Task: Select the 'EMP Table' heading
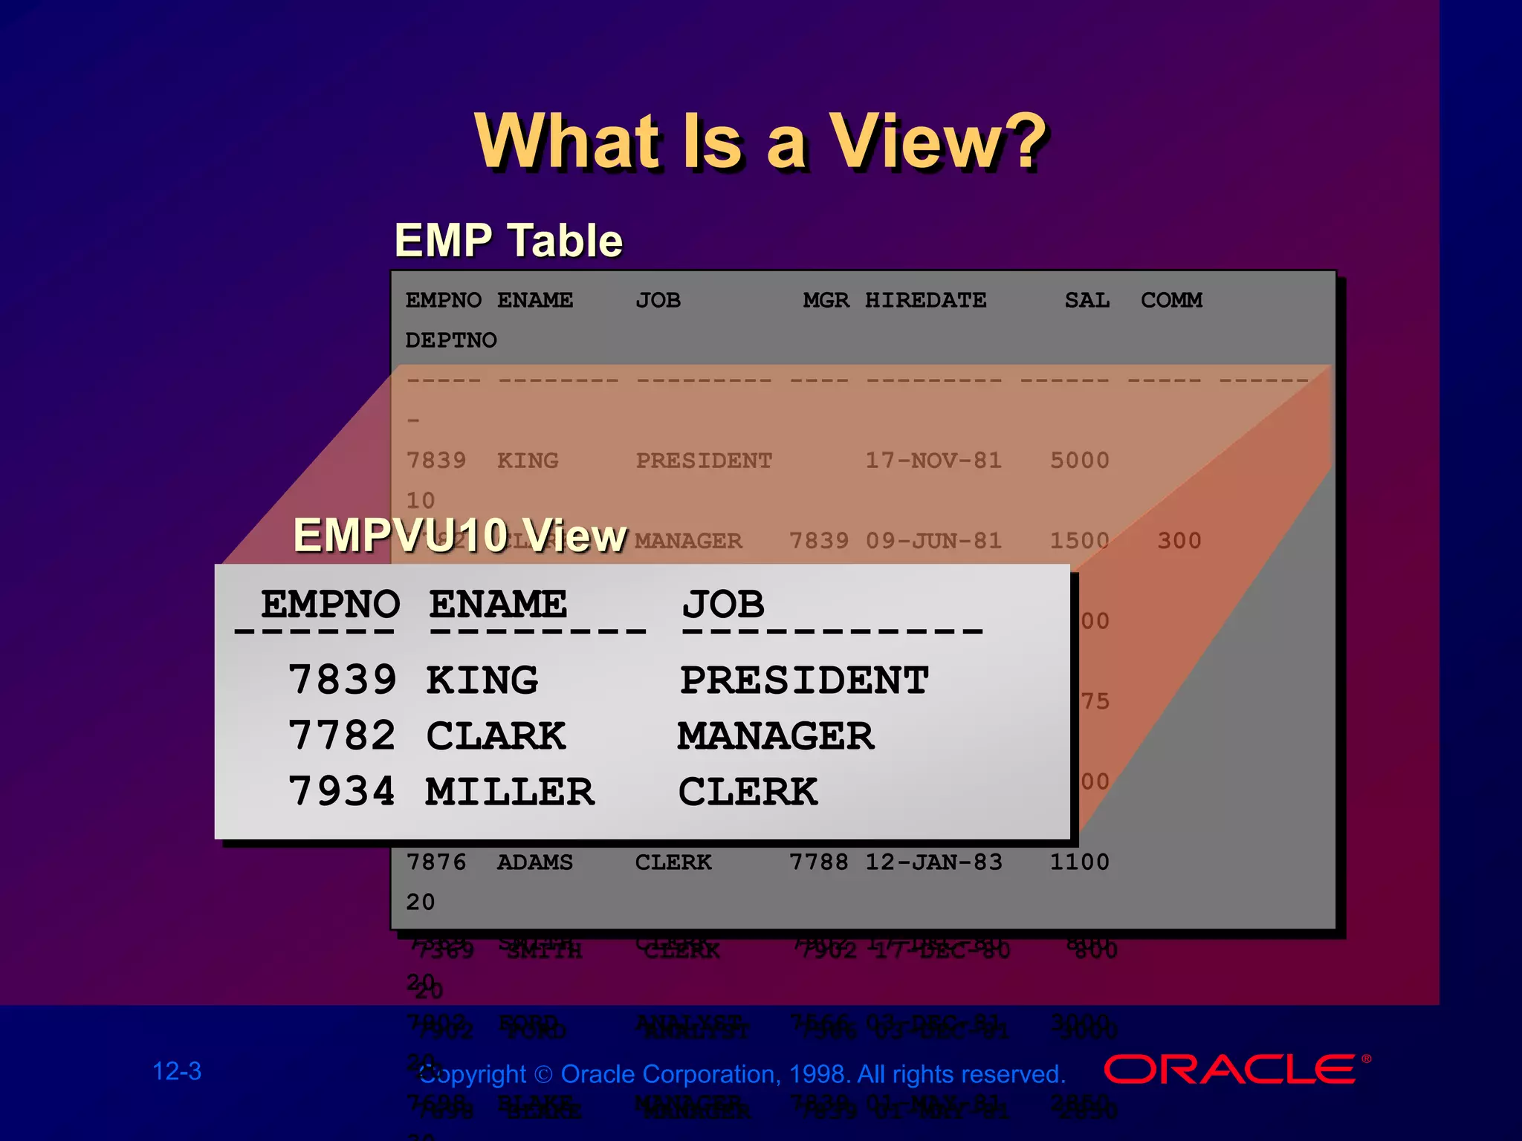point(508,241)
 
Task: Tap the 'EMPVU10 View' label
point(460,535)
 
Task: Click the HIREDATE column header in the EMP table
point(925,300)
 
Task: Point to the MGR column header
point(826,300)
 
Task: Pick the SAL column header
point(1087,300)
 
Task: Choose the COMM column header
point(1171,300)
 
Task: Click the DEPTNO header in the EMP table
point(451,340)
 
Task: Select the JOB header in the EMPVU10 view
point(723,603)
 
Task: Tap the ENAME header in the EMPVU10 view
point(498,603)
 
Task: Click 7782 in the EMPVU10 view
point(342,735)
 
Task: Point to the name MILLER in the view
point(510,791)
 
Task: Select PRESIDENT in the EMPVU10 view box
point(804,680)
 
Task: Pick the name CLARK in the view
point(496,735)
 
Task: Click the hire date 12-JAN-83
point(933,862)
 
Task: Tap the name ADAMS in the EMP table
point(535,862)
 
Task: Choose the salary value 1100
point(1079,862)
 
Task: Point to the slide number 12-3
point(177,1071)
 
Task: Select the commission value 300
point(1179,541)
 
